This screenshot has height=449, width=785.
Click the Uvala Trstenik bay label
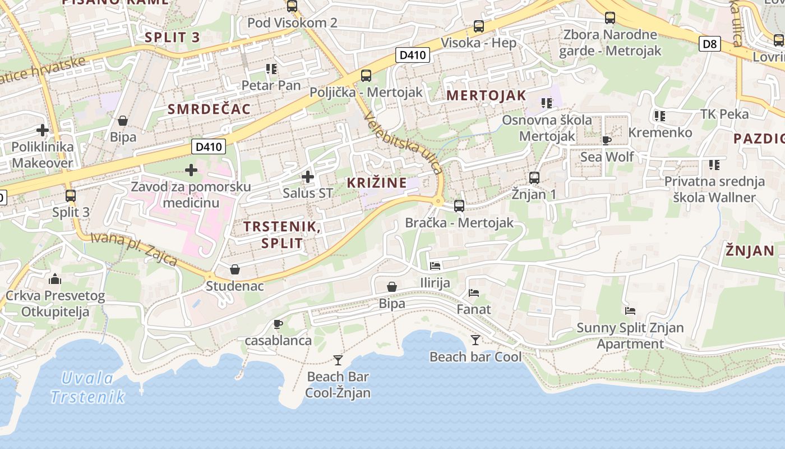(87, 387)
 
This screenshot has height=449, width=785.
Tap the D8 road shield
(710, 43)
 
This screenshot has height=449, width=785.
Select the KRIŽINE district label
(377, 182)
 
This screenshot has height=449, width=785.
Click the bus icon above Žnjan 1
(534, 178)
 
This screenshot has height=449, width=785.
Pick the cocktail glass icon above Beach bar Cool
(475, 340)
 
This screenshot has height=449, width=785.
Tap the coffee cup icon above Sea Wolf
(606, 140)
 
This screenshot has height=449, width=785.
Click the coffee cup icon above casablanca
(278, 324)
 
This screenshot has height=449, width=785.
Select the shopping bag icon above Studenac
(235, 269)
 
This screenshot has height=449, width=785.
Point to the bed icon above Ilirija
(435, 266)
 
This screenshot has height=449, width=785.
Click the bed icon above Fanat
(474, 292)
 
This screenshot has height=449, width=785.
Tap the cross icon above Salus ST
(307, 177)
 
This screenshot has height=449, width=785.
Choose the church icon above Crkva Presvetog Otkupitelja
(55, 279)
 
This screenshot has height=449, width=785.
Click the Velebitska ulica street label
(403, 143)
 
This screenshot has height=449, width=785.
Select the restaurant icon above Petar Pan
(271, 69)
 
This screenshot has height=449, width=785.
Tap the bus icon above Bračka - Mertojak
(459, 206)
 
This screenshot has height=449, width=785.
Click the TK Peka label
(724, 114)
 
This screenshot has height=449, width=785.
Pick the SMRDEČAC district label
(209, 109)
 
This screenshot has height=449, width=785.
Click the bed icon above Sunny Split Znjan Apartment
(630, 311)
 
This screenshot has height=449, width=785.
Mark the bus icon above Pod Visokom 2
(292, 6)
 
